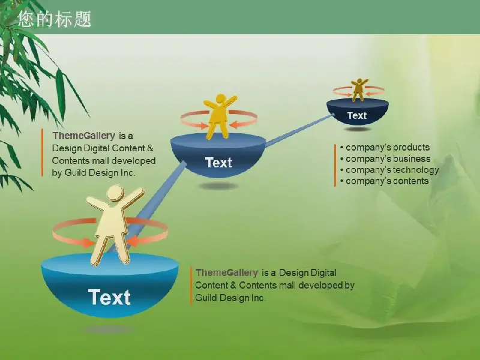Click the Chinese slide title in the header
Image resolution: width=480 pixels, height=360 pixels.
point(55,19)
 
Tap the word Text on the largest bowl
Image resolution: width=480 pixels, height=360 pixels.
point(110,297)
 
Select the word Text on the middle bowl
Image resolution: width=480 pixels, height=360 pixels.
point(218,163)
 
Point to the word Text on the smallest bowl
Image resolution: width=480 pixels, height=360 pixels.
point(357,115)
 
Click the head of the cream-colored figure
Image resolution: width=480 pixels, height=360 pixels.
point(115,193)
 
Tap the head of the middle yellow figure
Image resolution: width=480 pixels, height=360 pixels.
point(220,99)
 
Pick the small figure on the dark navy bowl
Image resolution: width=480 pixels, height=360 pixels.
point(359,89)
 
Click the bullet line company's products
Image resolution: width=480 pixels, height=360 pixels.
point(385,148)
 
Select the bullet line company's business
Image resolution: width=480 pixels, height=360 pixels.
point(385,159)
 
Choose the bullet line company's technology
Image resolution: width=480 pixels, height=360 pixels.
point(389,170)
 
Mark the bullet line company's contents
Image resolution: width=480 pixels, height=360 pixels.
point(384,181)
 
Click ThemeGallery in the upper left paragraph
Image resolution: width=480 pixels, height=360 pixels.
point(83,136)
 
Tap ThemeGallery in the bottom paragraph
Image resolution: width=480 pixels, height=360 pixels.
point(227,272)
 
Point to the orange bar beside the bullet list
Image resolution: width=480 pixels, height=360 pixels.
point(335,166)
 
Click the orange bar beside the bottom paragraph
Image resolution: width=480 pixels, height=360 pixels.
point(191,286)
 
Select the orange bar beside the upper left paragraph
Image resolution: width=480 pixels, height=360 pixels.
point(42,153)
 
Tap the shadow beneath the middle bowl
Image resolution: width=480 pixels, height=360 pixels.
point(218,186)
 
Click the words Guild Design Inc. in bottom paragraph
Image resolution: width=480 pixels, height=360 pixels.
point(230,298)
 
